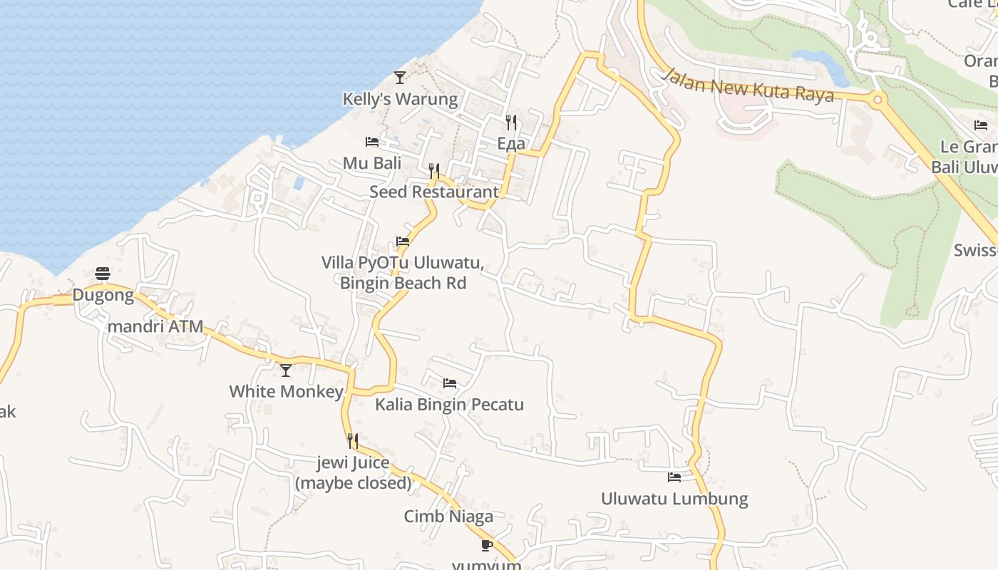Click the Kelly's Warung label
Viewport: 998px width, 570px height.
tap(400, 99)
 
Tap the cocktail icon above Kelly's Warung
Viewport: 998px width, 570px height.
tap(400, 78)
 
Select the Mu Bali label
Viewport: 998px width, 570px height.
tap(372, 163)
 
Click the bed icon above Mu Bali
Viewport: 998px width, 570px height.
tap(372, 142)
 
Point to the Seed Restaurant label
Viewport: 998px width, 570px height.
tap(434, 192)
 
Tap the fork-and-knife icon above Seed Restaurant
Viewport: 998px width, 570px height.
tap(434, 171)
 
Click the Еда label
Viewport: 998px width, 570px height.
tap(511, 143)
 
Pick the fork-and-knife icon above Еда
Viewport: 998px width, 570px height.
tap(511, 123)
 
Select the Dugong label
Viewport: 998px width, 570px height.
tap(103, 295)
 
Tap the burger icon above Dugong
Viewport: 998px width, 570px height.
tap(103, 274)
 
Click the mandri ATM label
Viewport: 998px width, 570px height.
tap(155, 327)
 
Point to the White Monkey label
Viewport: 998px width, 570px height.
tap(286, 391)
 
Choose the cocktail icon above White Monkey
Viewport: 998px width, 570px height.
tap(286, 370)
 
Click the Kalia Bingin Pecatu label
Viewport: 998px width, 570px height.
tap(449, 405)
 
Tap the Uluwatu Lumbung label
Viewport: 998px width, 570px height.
tap(674, 499)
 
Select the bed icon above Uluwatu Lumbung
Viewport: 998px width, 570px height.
tap(674, 477)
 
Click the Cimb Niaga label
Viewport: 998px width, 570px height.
tap(448, 517)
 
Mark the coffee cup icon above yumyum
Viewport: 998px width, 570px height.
tap(487, 546)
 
